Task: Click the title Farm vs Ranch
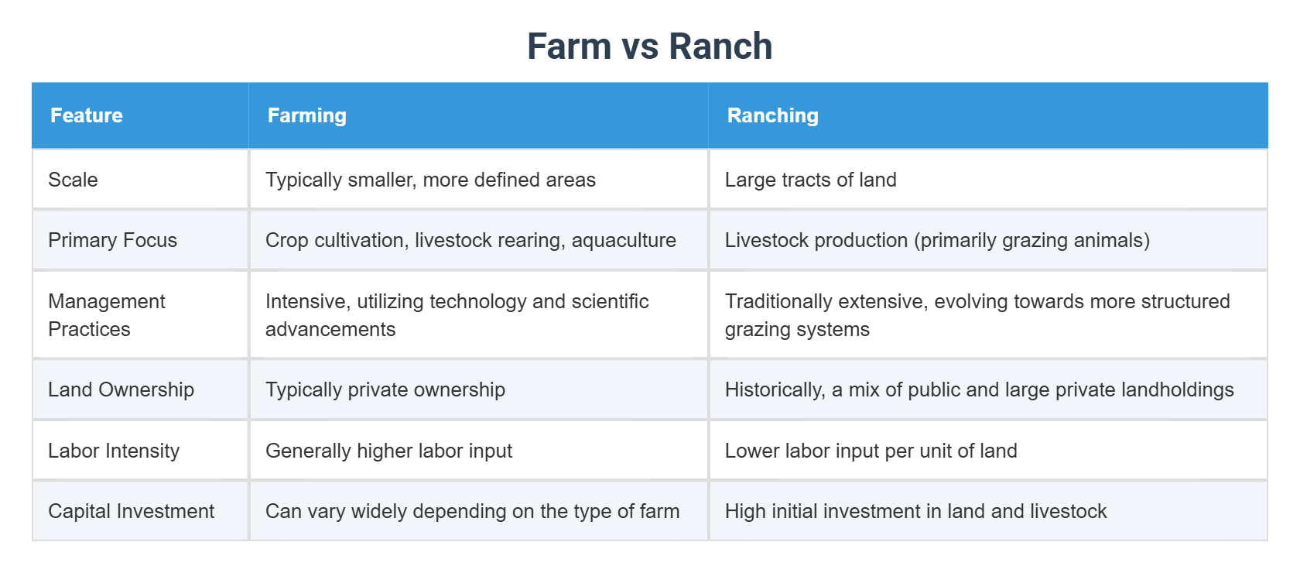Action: point(649,46)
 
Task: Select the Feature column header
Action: point(87,115)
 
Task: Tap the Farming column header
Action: point(306,115)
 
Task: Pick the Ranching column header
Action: point(772,115)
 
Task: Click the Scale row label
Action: point(73,180)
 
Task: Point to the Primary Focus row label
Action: point(112,240)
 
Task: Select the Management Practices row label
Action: point(106,315)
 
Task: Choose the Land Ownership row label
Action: point(121,389)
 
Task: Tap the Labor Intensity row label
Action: point(114,451)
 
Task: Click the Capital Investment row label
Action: point(131,511)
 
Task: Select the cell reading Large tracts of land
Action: point(810,180)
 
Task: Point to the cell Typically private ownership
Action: point(385,389)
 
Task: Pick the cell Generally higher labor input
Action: point(388,451)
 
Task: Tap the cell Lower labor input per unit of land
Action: point(871,451)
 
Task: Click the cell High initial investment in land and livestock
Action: point(915,511)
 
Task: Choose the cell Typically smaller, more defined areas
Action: point(430,180)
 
